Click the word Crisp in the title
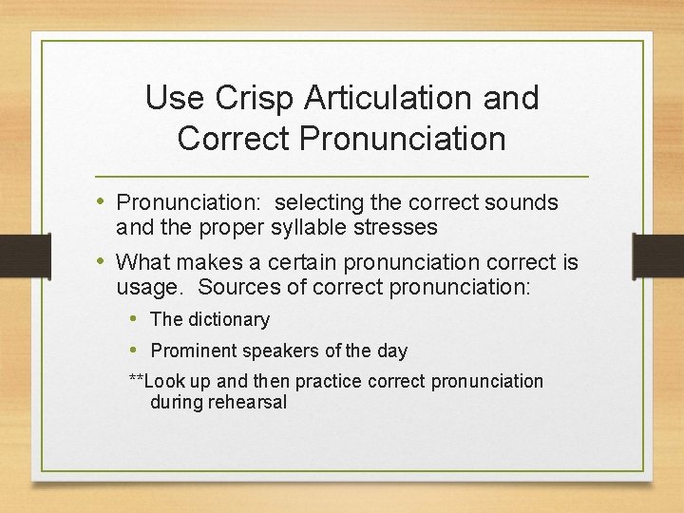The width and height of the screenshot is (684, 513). point(246,97)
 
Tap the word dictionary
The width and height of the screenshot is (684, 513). point(227,320)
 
